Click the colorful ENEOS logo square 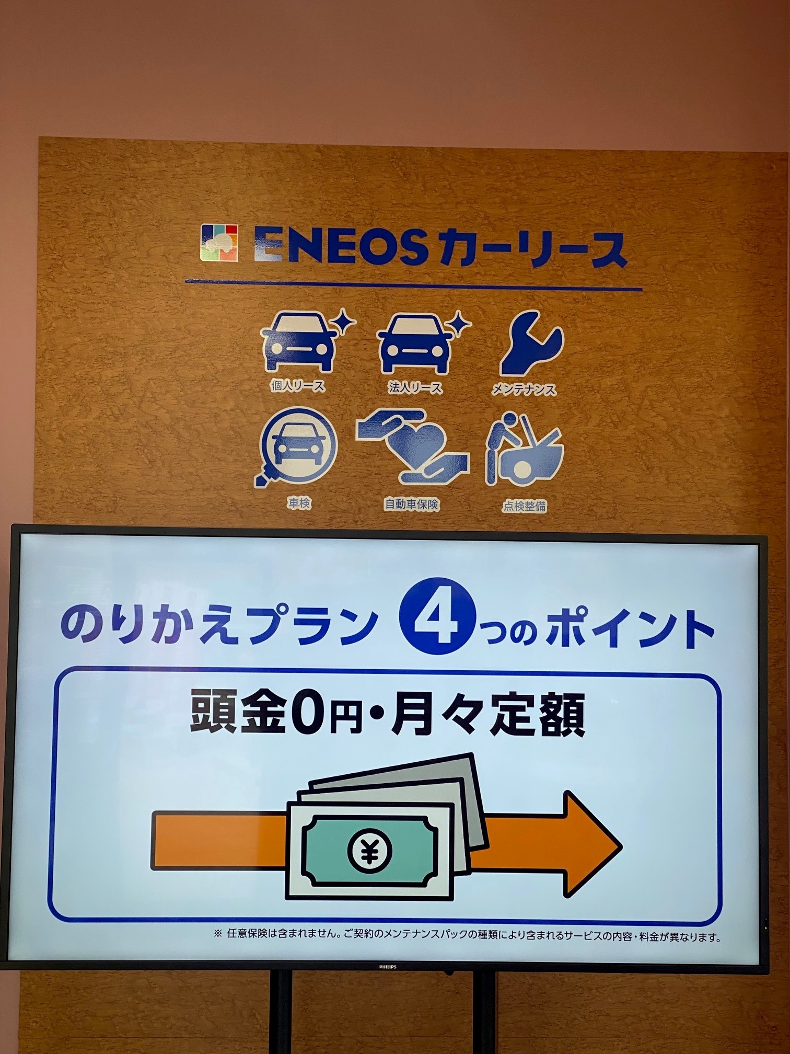point(219,243)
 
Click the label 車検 point(299,503)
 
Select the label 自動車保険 point(412,505)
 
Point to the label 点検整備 point(525,506)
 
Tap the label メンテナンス point(524,390)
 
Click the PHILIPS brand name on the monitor point(388,967)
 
